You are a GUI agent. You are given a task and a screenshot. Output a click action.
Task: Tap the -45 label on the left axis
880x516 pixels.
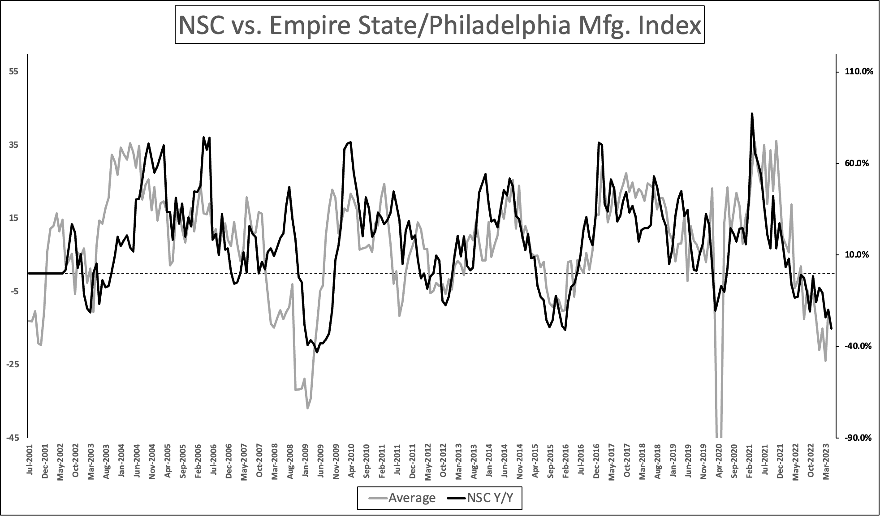click(x=12, y=438)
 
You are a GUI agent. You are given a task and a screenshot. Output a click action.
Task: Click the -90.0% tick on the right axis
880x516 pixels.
click(x=858, y=438)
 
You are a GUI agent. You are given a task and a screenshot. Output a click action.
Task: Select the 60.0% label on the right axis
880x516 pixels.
click(x=857, y=163)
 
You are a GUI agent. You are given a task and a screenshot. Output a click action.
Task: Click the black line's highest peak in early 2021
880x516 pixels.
click(x=752, y=114)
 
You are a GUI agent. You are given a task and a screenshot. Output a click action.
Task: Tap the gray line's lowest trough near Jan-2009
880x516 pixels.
click(x=307, y=408)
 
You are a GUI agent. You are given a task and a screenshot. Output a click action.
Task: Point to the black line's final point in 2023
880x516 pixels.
click(x=832, y=329)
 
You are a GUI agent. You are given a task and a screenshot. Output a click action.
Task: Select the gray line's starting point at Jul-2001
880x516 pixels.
click(x=28, y=321)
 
